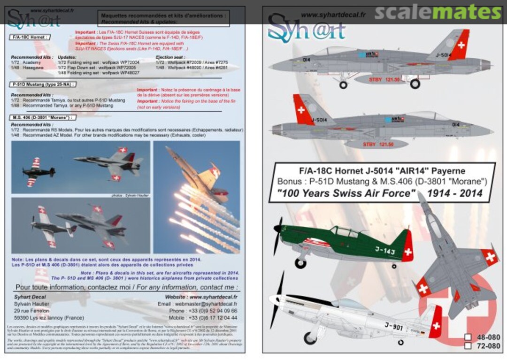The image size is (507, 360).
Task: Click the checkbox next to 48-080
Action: pos(468,337)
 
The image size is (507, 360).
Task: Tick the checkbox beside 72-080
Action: pos(468,346)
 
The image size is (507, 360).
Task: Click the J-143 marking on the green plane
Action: pos(385,250)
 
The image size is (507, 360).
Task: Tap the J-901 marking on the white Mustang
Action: pos(393,327)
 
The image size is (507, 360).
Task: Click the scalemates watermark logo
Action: pos(438,13)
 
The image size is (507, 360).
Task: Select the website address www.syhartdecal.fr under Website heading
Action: pos(212,297)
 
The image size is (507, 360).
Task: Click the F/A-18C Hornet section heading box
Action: pos(30,36)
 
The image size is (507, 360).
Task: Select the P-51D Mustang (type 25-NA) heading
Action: pos(43,84)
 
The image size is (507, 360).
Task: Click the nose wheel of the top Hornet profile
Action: pos(343,85)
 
